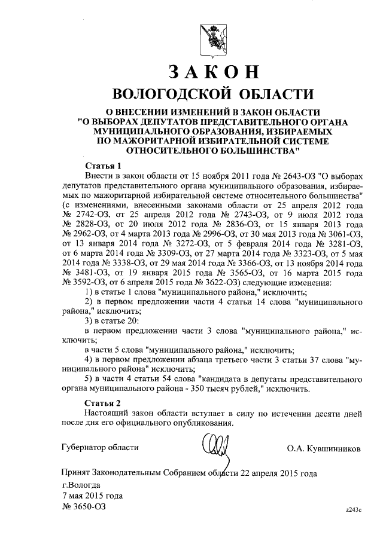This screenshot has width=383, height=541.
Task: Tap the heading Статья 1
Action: tap(102, 166)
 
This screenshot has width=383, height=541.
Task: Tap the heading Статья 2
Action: tap(102, 402)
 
